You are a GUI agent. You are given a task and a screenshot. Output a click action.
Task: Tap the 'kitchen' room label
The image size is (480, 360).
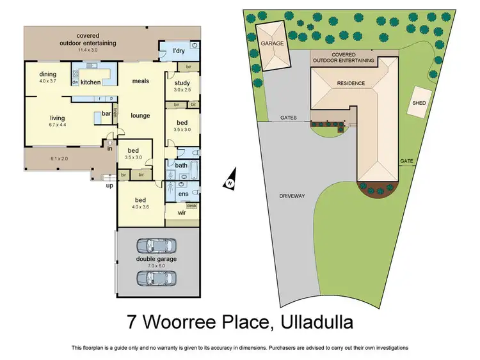90,82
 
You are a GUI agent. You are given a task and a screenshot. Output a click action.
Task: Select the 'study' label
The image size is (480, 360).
182,82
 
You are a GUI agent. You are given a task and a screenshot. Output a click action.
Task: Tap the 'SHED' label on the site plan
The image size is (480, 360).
419,102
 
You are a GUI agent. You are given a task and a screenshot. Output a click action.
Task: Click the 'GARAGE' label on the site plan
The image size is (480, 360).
272,43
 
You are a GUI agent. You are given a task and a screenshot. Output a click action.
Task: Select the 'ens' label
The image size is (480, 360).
182,193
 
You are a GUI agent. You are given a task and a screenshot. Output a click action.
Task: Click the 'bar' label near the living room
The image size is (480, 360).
108,114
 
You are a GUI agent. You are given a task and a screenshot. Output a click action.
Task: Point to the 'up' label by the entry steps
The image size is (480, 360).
109,186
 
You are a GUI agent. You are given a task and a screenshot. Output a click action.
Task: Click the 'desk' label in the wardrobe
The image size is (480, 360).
191,205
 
